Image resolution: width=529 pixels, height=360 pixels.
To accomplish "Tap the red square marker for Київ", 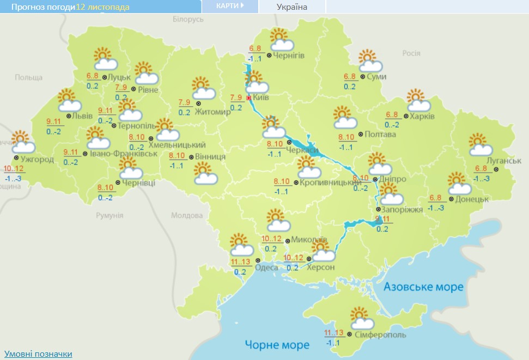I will click(x=249, y=97).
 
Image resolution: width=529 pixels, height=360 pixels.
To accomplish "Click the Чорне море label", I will click(x=277, y=344).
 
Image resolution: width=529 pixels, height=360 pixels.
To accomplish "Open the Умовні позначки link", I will click(x=38, y=354).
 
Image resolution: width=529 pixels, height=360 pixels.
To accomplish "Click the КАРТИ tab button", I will click(x=229, y=6).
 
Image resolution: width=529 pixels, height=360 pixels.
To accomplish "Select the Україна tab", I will click(x=291, y=7).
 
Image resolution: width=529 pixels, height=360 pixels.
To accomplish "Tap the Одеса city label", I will click(x=266, y=267).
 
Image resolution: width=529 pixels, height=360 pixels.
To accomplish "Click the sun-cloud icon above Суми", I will click(x=370, y=60).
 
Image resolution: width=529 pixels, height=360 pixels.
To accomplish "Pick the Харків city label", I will click(x=422, y=117).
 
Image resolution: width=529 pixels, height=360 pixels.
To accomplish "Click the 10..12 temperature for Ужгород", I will click(x=14, y=169).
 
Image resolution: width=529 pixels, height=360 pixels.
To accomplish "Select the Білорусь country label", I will click(x=188, y=19).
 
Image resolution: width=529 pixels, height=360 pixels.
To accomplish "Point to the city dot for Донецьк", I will click(x=451, y=199).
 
